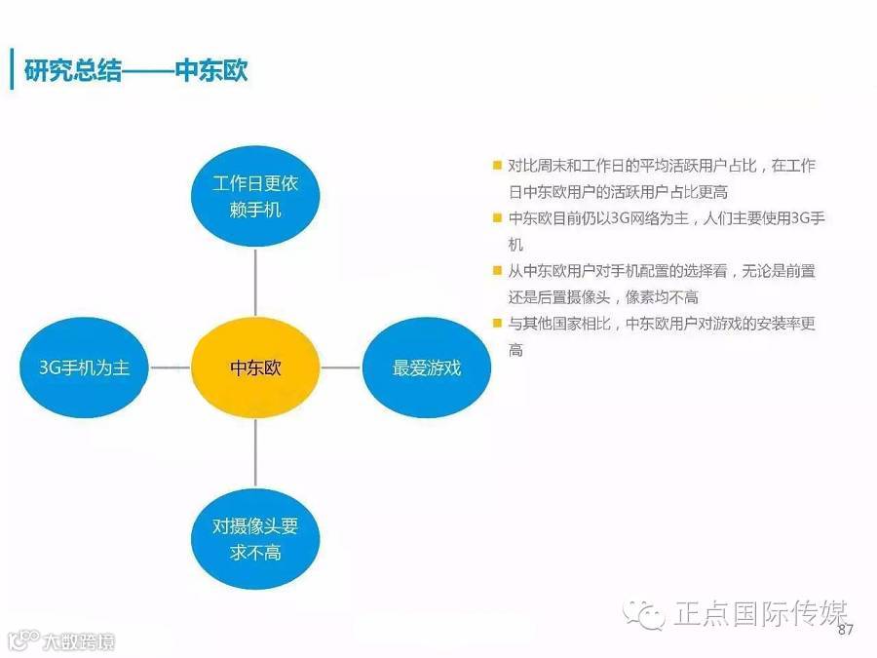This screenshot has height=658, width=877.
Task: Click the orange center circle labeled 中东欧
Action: point(255,368)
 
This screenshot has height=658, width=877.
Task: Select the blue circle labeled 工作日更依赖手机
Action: point(255,196)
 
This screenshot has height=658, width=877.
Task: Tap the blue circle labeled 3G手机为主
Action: point(84,368)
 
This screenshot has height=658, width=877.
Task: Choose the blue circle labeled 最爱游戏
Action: point(426,368)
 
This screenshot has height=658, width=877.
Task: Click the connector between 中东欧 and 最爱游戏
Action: point(340,368)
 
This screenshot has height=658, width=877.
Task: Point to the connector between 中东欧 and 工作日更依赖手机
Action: point(255,284)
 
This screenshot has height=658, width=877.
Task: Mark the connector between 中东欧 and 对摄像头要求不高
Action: point(255,453)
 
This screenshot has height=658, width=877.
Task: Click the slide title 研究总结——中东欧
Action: point(135,71)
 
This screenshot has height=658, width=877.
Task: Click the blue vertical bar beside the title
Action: point(12,69)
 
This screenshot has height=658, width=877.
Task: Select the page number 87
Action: point(845,631)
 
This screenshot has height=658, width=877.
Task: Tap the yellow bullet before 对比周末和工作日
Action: point(498,166)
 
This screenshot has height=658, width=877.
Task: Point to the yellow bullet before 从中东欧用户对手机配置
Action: point(498,271)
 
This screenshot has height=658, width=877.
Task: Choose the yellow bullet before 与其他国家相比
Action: point(498,324)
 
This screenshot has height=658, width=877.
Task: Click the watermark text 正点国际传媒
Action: point(760,614)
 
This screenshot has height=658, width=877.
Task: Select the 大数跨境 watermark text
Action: point(78,641)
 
